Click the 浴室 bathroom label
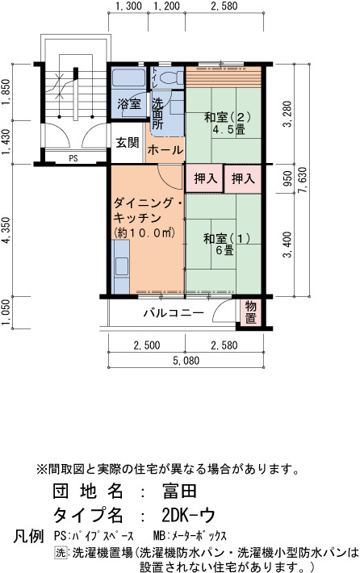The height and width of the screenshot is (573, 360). pyautogui.click(x=129, y=104)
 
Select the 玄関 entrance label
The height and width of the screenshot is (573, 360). pyautogui.click(x=128, y=143)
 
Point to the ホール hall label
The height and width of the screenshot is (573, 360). pyautogui.click(x=165, y=150)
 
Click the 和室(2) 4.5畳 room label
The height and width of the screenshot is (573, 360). pyautogui.click(x=228, y=123)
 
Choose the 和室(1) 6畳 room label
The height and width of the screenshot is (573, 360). pyautogui.click(x=227, y=244)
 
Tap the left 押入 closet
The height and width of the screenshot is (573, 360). pyautogui.click(x=204, y=178)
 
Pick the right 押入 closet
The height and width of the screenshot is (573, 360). pyautogui.click(x=243, y=178)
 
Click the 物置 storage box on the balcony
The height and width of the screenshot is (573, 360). pyautogui.click(x=251, y=312)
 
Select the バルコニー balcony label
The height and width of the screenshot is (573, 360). pyautogui.click(x=174, y=313)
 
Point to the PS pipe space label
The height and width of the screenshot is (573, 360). pyautogui.click(x=73, y=159)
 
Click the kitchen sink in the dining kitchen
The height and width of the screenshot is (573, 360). pyautogui.click(x=120, y=266)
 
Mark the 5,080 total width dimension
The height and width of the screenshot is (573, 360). pyautogui.click(x=186, y=361)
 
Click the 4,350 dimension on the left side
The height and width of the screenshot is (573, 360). pyautogui.click(x=6, y=230)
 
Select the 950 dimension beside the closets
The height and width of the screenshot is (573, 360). pyautogui.click(x=288, y=178)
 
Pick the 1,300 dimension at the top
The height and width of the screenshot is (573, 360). pyautogui.click(x=128, y=6)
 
